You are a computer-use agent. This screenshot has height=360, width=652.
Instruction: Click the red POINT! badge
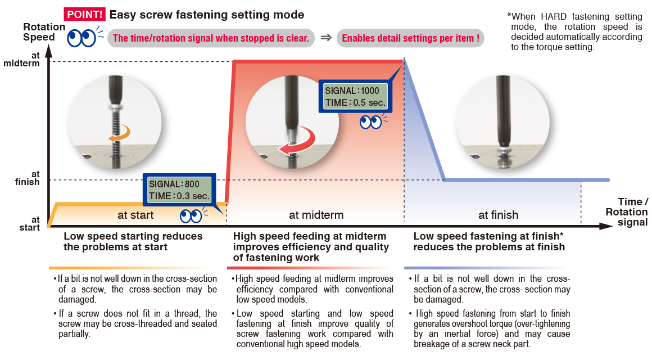tap(84, 15)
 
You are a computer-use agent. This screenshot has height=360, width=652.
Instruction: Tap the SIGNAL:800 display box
tap(179, 190)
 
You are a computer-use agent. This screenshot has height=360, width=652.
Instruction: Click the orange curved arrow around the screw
tap(119, 134)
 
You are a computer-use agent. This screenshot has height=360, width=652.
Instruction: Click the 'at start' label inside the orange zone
tap(135, 215)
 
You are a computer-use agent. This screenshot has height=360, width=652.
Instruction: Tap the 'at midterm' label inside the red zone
tap(316, 215)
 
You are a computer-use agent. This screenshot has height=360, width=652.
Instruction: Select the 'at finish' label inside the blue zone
tap(498, 215)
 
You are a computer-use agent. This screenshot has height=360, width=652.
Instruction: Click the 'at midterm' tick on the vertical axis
tap(21, 59)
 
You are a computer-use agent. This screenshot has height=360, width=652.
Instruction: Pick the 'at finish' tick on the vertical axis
tap(28, 178)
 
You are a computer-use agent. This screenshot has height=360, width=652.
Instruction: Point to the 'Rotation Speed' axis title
tap(44, 32)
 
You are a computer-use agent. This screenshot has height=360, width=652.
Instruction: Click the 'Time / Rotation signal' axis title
tap(626, 212)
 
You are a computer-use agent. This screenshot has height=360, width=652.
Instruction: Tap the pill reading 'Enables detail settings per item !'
tap(410, 38)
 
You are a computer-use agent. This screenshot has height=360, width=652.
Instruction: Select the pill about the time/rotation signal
tap(211, 38)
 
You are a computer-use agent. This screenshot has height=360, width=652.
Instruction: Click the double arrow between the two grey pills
tap(326, 38)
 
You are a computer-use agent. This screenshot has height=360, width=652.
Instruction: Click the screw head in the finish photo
tap(504, 149)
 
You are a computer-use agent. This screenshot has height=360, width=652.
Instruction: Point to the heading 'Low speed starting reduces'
tap(133, 236)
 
